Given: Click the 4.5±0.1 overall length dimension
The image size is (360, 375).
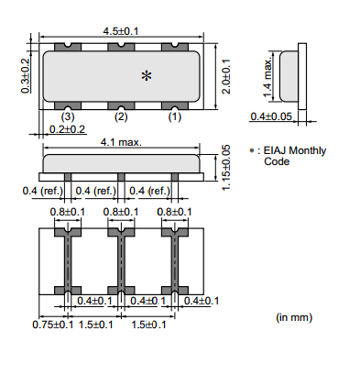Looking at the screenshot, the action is tap(121, 31).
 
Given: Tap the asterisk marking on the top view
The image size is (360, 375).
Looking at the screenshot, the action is tap(147, 75).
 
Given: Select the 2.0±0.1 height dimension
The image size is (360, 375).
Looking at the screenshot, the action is tap(226, 76).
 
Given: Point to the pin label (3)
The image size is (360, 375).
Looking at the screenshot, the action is tap(68, 116).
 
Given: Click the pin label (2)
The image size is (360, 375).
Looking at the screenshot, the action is tap(121, 116).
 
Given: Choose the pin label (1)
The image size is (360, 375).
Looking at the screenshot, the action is tap(175, 116).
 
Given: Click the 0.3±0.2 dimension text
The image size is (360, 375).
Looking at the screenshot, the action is tap(26, 75).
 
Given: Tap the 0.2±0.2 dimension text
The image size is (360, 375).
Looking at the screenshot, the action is tap(67, 129).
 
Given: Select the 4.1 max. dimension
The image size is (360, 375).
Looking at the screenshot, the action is tap(121, 142).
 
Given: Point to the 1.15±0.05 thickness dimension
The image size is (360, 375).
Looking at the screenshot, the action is tap(225, 168).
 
